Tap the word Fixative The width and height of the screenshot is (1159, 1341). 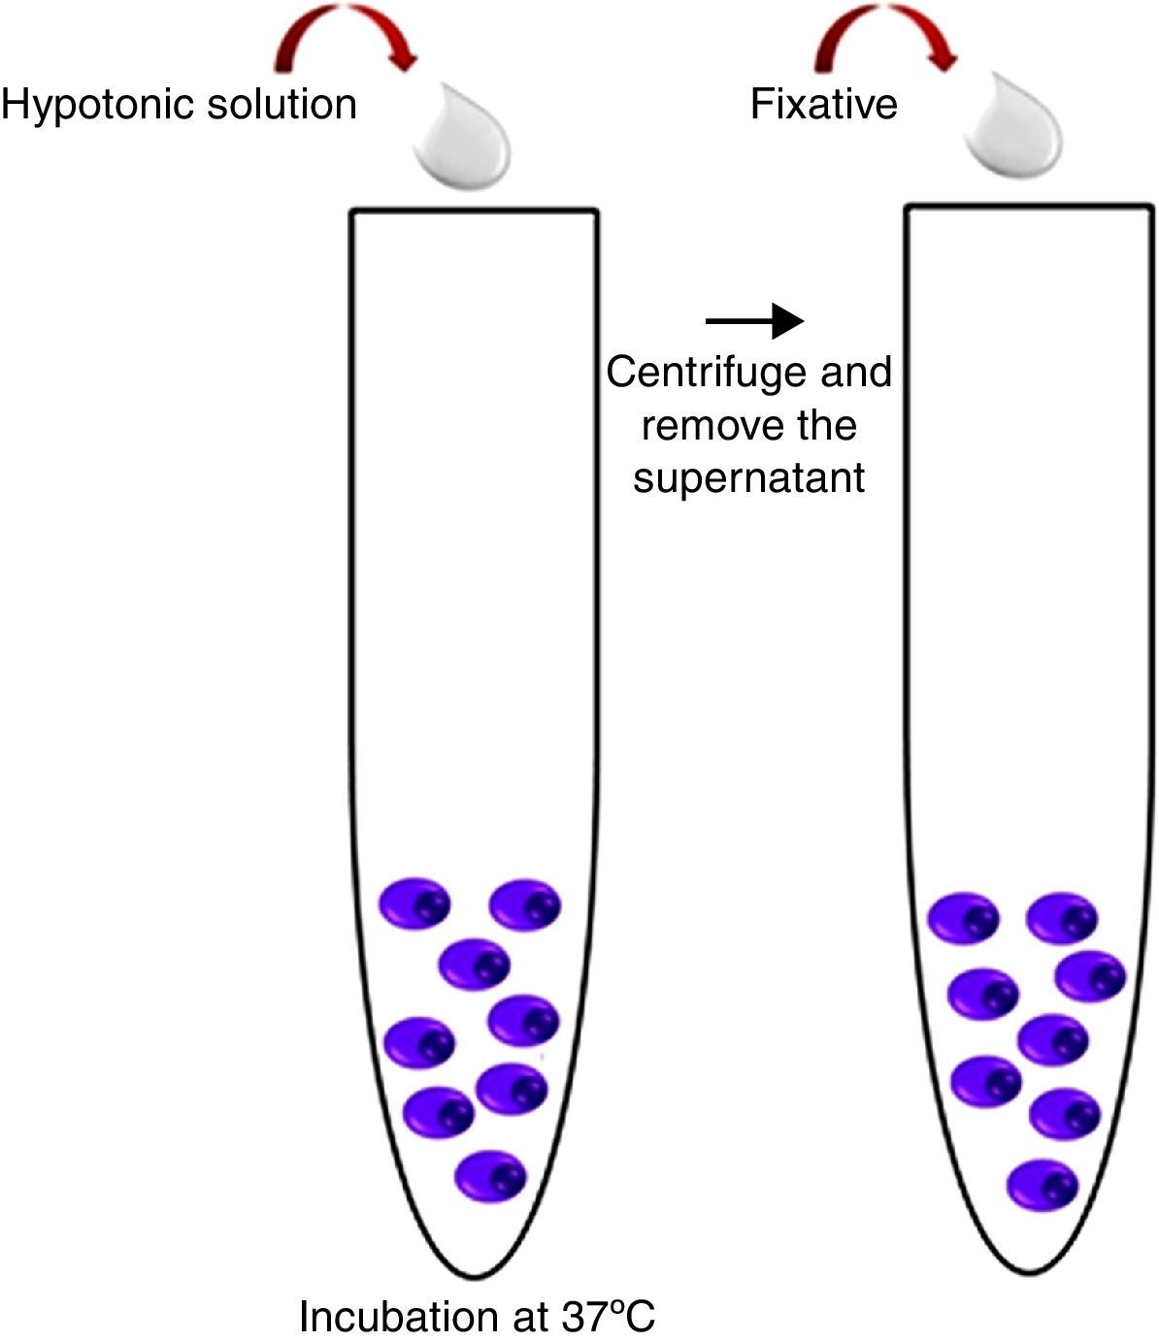click(x=823, y=104)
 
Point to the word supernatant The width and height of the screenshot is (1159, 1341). click(x=748, y=477)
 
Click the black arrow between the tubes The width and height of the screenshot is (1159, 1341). click(x=754, y=320)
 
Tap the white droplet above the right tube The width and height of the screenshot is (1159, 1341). click(x=1011, y=131)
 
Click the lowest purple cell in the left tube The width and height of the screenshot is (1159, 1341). click(x=491, y=1177)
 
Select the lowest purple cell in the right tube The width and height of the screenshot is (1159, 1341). click(x=1043, y=1186)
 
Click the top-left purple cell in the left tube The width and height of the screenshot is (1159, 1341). click(x=414, y=904)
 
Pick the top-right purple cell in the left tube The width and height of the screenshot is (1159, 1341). click(x=525, y=905)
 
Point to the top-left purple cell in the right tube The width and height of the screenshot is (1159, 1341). click(x=964, y=918)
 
